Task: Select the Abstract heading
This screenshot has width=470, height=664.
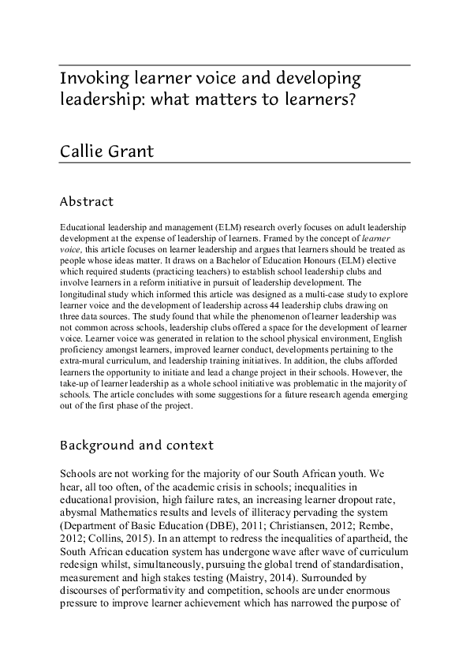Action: click(87, 202)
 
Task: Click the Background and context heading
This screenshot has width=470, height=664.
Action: click(136, 446)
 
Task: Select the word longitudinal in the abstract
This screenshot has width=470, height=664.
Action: click(84, 293)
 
